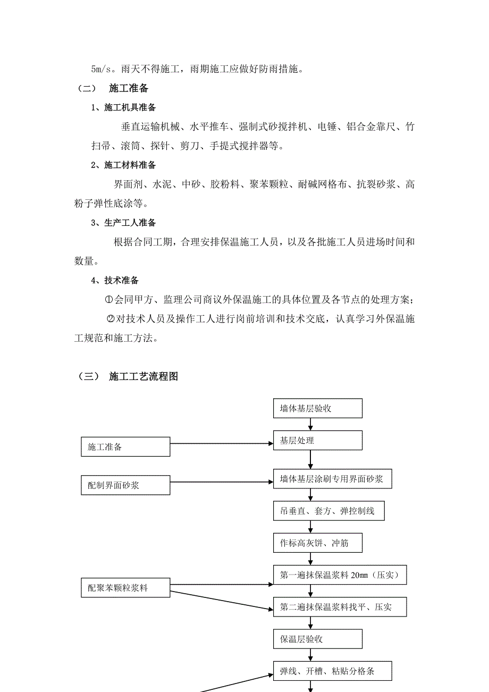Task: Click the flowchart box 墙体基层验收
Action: click(317, 409)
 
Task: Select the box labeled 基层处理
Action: click(317, 440)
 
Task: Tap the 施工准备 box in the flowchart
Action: click(125, 447)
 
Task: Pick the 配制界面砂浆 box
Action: click(125, 485)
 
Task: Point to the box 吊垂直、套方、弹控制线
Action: click(328, 511)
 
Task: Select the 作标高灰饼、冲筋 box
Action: click(317, 543)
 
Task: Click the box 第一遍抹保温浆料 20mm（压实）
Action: click(340, 575)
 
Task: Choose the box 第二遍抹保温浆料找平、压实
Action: click(340, 606)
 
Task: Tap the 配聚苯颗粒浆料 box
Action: click(125, 587)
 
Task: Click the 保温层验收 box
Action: click(317, 639)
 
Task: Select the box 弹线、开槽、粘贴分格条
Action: click(332, 671)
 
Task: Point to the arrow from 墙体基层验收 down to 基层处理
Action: click(310, 424)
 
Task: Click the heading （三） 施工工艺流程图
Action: click(128, 376)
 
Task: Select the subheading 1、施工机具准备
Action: click(123, 107)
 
